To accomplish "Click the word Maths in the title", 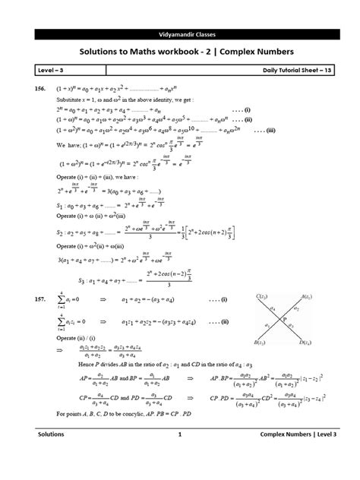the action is click(x=156, y=52).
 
